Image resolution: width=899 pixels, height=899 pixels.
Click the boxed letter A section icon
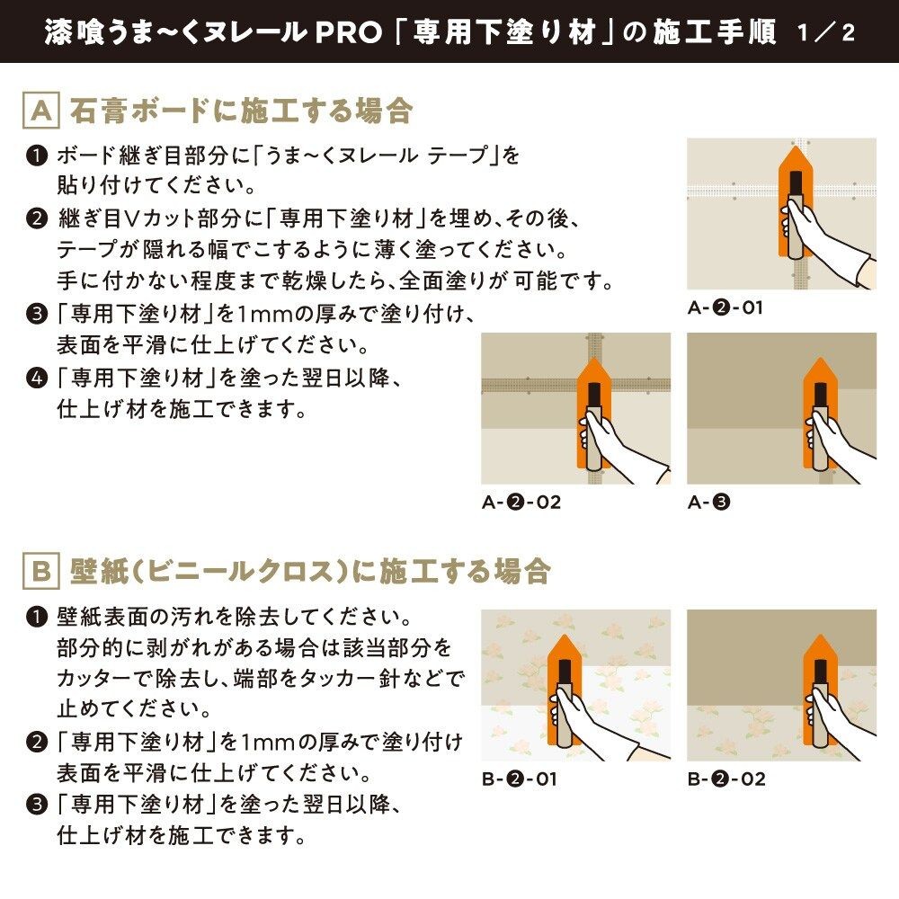[40, 111]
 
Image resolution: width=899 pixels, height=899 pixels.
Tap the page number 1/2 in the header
[826, 31]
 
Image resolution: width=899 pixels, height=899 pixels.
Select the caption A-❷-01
[725, 307]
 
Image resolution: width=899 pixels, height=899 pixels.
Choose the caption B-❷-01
[519, 779]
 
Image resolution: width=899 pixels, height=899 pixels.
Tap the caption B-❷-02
[726, 779]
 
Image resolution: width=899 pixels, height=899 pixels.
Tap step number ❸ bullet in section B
[36, 804]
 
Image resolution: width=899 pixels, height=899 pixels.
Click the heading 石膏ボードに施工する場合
[241, 111]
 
